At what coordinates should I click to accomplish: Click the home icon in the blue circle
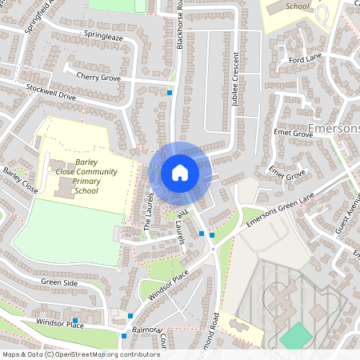pyautogui.click(x=180, y=172)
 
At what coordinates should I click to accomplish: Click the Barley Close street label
pyautogui.click(x=21, y=181)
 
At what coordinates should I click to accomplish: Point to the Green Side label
pyautogui.click(x=60, y=282)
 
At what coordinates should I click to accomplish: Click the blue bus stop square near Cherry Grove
pyautogui.click(x=170, y=93)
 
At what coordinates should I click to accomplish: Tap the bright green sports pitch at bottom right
pyautogui.click(x=297, y=334)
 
